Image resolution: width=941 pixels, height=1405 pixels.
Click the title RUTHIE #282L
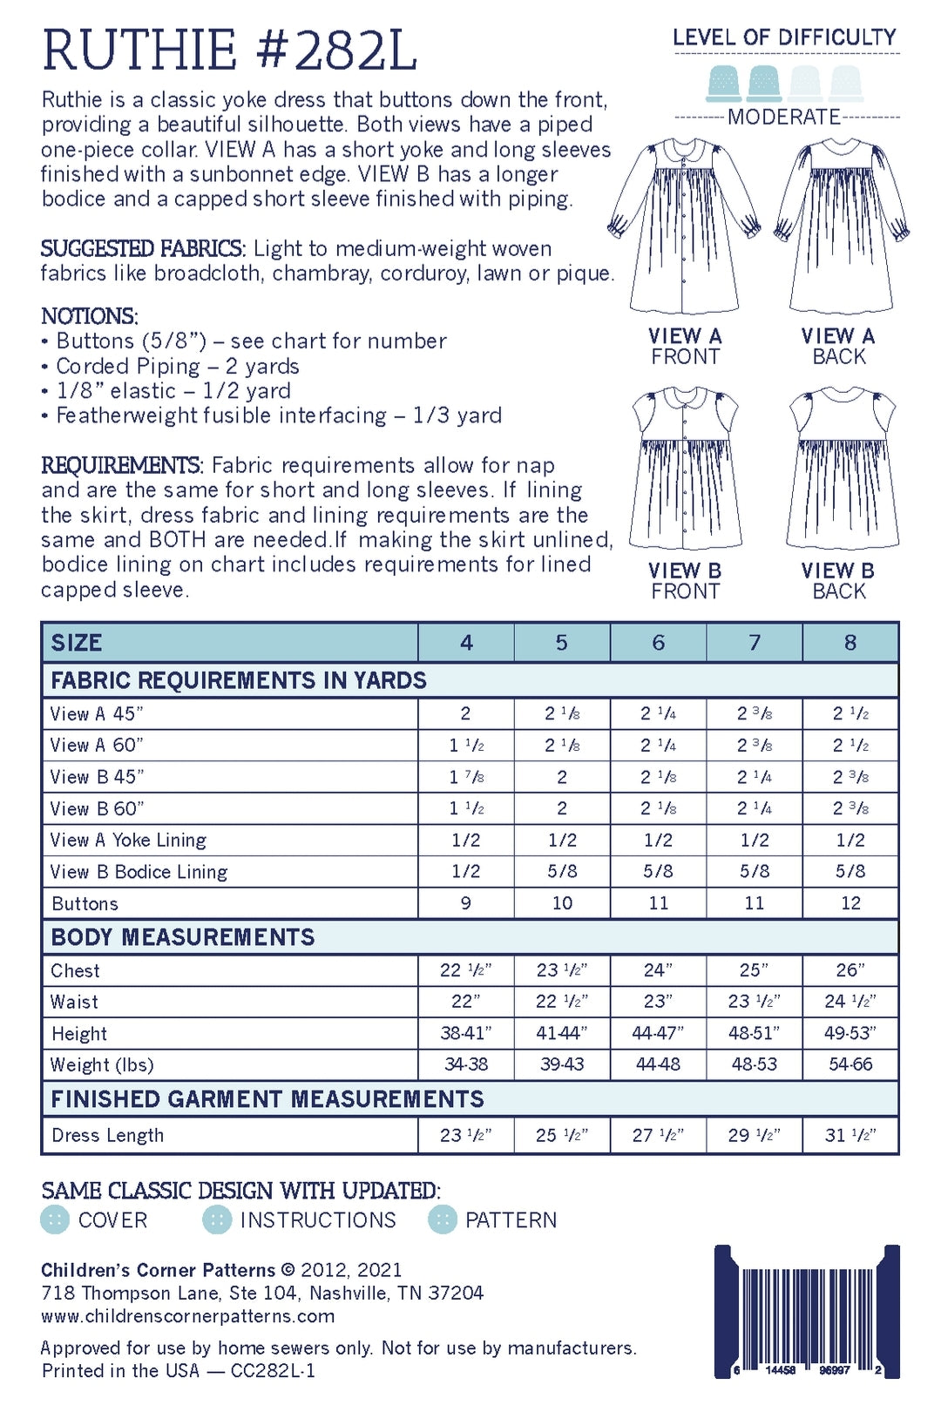point(229,51)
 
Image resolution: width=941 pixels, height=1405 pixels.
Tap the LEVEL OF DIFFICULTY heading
point(784,37)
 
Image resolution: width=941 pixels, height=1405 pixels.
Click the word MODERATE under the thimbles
point(784,117)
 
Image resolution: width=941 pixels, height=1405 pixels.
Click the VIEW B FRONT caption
point(685,581)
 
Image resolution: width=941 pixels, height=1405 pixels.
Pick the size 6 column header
point(658,643)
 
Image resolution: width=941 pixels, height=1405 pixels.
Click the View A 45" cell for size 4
point(465,713)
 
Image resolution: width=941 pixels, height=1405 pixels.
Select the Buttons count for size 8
point(850,903)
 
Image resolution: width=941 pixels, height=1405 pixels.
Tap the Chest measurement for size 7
point(754,970)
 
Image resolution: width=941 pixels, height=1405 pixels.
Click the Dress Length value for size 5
point(562,1135)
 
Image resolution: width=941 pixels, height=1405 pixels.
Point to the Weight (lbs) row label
point(102,1064)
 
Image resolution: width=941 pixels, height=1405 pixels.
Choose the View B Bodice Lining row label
point(139,872)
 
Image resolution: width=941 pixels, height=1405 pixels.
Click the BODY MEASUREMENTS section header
point(183,937)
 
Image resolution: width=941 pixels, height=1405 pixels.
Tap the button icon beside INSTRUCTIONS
point(216,1219)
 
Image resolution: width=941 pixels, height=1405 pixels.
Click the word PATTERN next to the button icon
point(511,1219)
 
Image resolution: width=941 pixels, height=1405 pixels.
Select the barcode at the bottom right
point(807,1311)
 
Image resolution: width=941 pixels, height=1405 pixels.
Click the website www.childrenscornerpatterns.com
point(188,1316)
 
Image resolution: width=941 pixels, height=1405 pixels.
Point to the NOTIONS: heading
point(90,316)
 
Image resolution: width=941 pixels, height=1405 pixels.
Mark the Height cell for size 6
point(658,1033)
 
